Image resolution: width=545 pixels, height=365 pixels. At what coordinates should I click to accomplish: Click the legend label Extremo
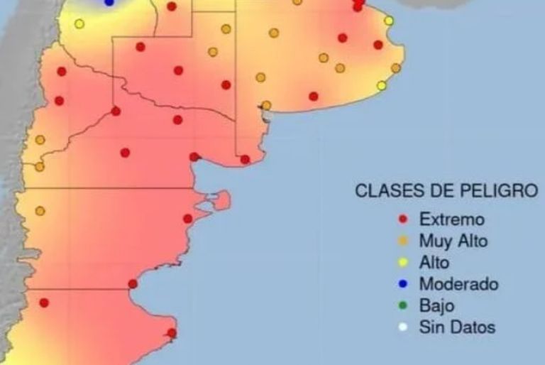point(451,219)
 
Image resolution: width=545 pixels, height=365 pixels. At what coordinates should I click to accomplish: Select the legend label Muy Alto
point(453,241)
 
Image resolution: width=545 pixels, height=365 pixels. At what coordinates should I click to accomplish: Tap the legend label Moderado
point(458,284)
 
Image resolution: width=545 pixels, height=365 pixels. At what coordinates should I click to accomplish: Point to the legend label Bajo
point(436,306)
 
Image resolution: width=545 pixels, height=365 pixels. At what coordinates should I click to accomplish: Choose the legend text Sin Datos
point(457,327)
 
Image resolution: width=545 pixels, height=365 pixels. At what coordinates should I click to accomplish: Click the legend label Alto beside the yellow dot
point(434,263)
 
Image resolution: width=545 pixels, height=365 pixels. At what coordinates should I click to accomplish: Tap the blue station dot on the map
point(109,2)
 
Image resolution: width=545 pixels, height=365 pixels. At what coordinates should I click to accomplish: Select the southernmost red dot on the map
point(172,332)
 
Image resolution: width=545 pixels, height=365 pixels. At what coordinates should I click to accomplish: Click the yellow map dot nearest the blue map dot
point(79,23)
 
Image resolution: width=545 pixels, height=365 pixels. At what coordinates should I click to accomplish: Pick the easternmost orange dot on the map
point(396,68)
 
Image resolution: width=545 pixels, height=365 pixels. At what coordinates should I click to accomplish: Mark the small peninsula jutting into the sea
point(223,200)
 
